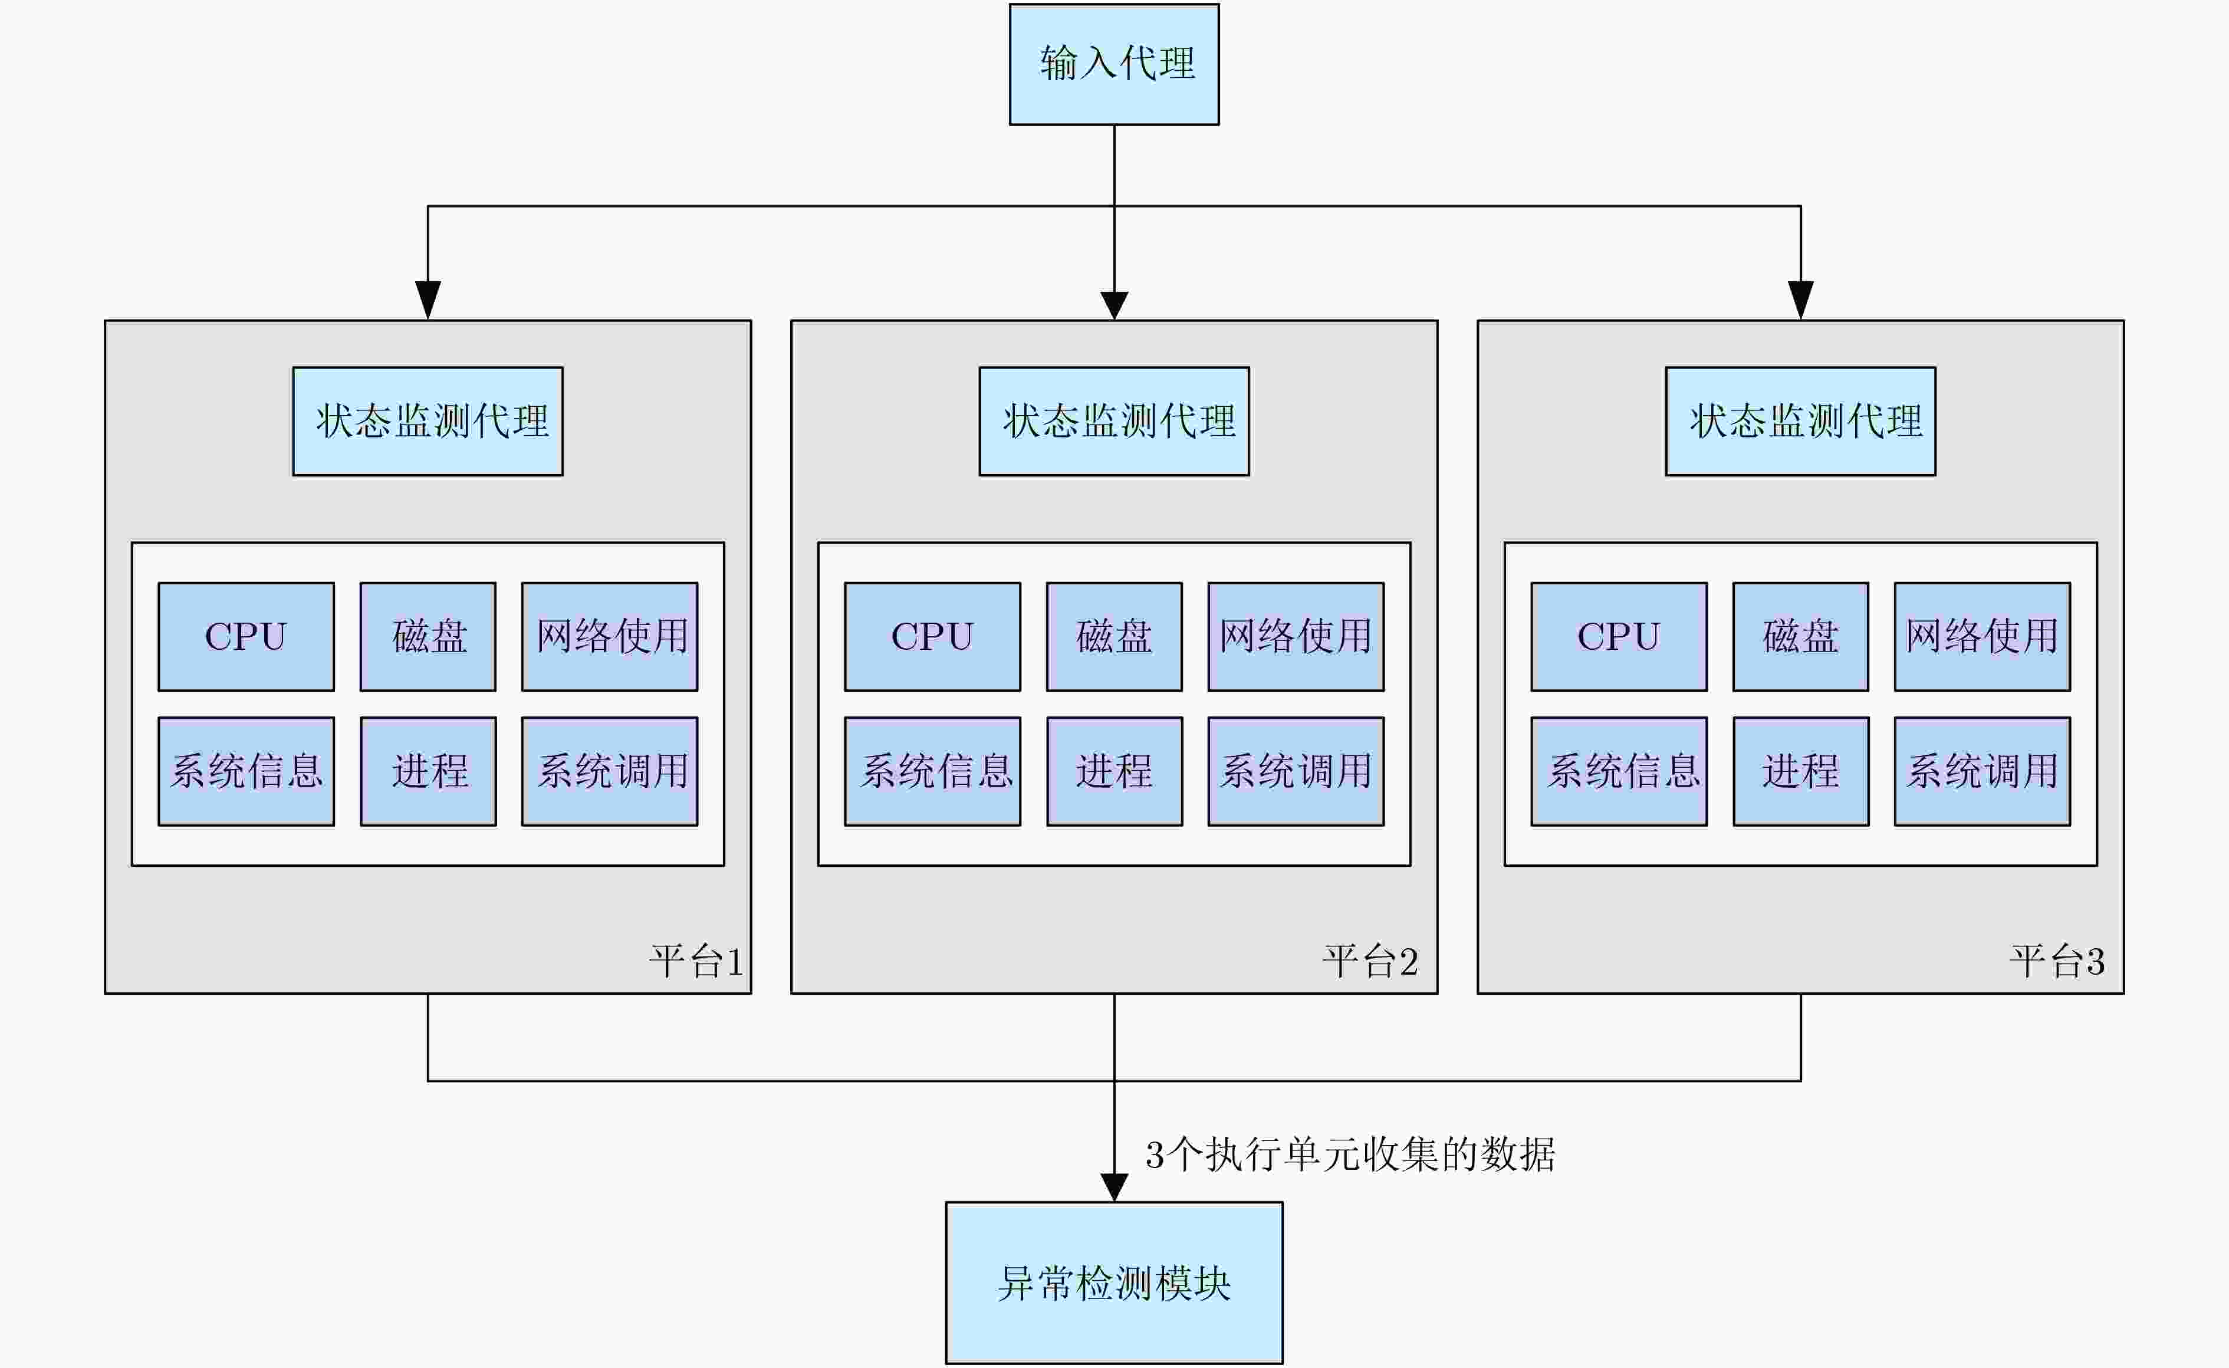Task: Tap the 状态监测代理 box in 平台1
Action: [428, 420]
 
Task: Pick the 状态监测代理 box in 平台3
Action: [1800, 420]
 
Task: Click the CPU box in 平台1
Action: [246, 636]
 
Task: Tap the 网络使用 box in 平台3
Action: [1982, 636]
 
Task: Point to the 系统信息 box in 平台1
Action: [246, 771]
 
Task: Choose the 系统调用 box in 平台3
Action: [1982, 771]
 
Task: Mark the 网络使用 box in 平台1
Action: [610, 636]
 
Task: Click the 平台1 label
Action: [696, 961]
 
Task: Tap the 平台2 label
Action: [1370, 961]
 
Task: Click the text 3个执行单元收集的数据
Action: [1350, 1155]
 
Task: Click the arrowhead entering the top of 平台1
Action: [428, 300]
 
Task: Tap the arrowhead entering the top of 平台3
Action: [1800, 300]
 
